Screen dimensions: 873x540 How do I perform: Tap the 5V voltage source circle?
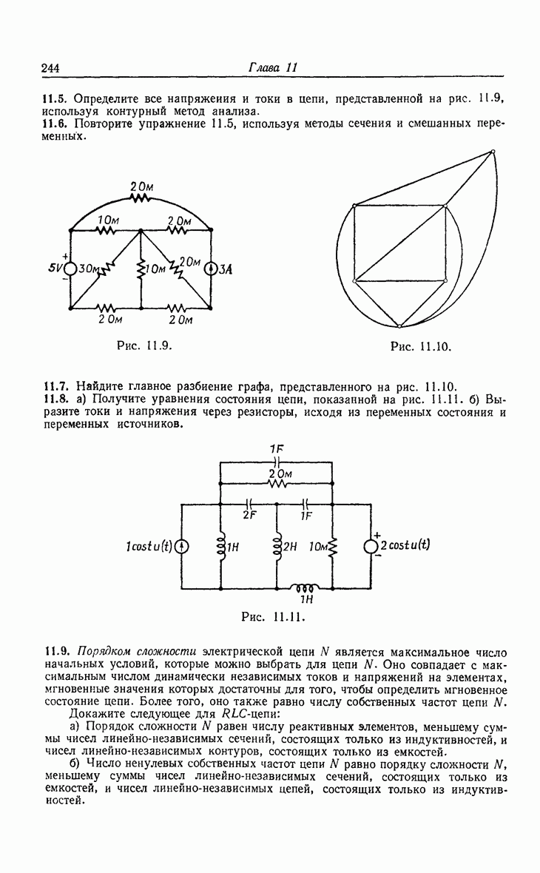point(70,269)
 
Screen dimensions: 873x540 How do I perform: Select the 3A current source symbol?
point(212,269)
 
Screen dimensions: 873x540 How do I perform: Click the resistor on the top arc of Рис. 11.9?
point(141,198)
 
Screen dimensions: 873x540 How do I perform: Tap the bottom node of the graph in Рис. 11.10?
point(398,326)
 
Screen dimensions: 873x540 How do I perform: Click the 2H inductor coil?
point(277,547)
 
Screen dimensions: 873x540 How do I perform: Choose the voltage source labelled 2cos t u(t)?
point(371,546)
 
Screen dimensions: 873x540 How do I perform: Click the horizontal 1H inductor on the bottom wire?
point(305,589)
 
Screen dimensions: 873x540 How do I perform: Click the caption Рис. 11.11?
point(274,616)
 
